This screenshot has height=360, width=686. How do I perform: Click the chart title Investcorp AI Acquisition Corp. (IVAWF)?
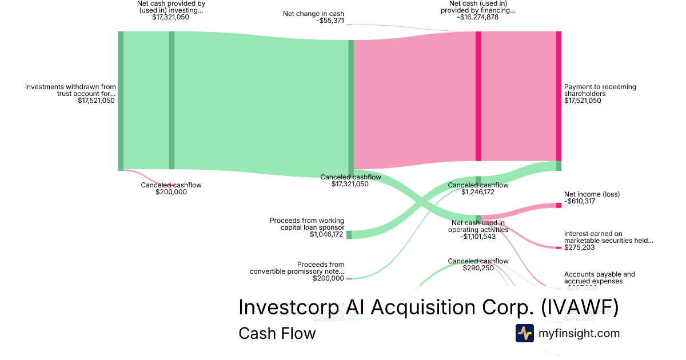428,307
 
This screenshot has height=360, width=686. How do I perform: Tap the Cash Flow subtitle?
277,333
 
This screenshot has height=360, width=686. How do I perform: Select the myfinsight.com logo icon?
524,333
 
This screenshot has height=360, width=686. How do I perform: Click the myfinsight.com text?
579,333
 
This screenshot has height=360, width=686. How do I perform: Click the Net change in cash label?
314,14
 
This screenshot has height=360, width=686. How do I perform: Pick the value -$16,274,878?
478,17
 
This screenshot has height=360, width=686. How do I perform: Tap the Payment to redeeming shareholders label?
600,90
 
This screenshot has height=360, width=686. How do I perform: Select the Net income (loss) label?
592,194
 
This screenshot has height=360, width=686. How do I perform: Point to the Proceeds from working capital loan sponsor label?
307,223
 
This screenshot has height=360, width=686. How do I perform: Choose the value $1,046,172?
327,234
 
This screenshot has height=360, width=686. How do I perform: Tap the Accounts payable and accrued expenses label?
599,278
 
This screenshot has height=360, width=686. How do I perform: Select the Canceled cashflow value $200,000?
171,192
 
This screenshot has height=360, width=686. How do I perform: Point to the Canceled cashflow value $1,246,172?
478,192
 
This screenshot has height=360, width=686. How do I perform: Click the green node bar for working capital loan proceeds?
349,234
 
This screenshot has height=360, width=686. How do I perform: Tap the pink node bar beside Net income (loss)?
559,205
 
